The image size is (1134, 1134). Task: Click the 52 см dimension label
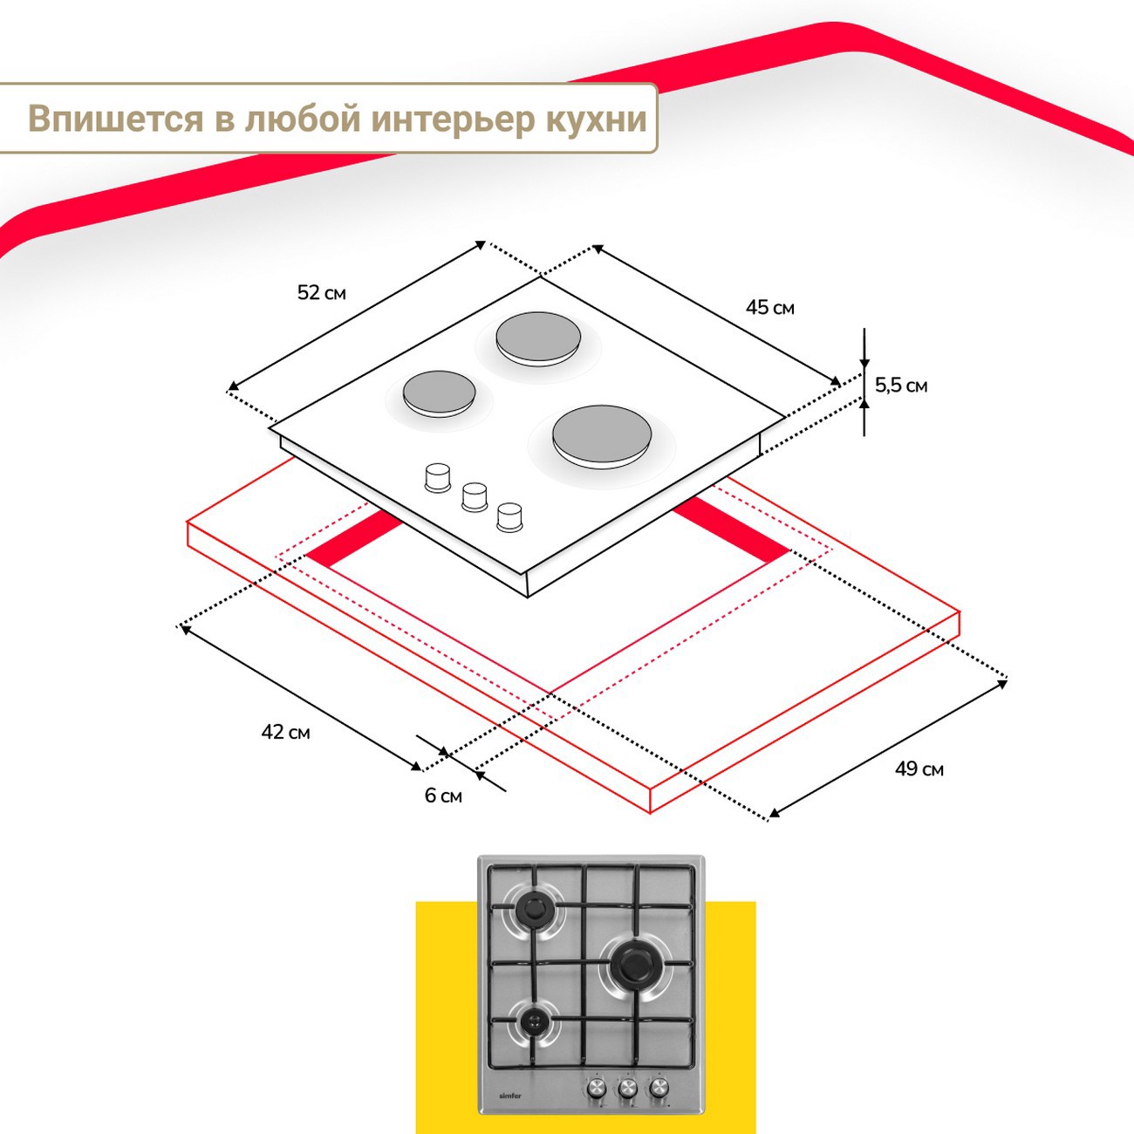[321, 293]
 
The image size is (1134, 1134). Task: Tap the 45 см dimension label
[769, 308]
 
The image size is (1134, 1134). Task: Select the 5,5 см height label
[901, 386]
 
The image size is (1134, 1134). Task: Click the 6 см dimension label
[443, 796]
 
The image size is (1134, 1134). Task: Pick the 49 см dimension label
[919, 769]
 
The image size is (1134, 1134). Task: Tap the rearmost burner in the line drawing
[538, 336]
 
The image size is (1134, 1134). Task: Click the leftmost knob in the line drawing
[436, 477]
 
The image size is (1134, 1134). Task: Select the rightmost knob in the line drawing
[509, 516]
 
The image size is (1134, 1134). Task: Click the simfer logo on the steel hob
[509, 1096]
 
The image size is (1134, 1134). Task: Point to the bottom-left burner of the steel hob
[533, 1021]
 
